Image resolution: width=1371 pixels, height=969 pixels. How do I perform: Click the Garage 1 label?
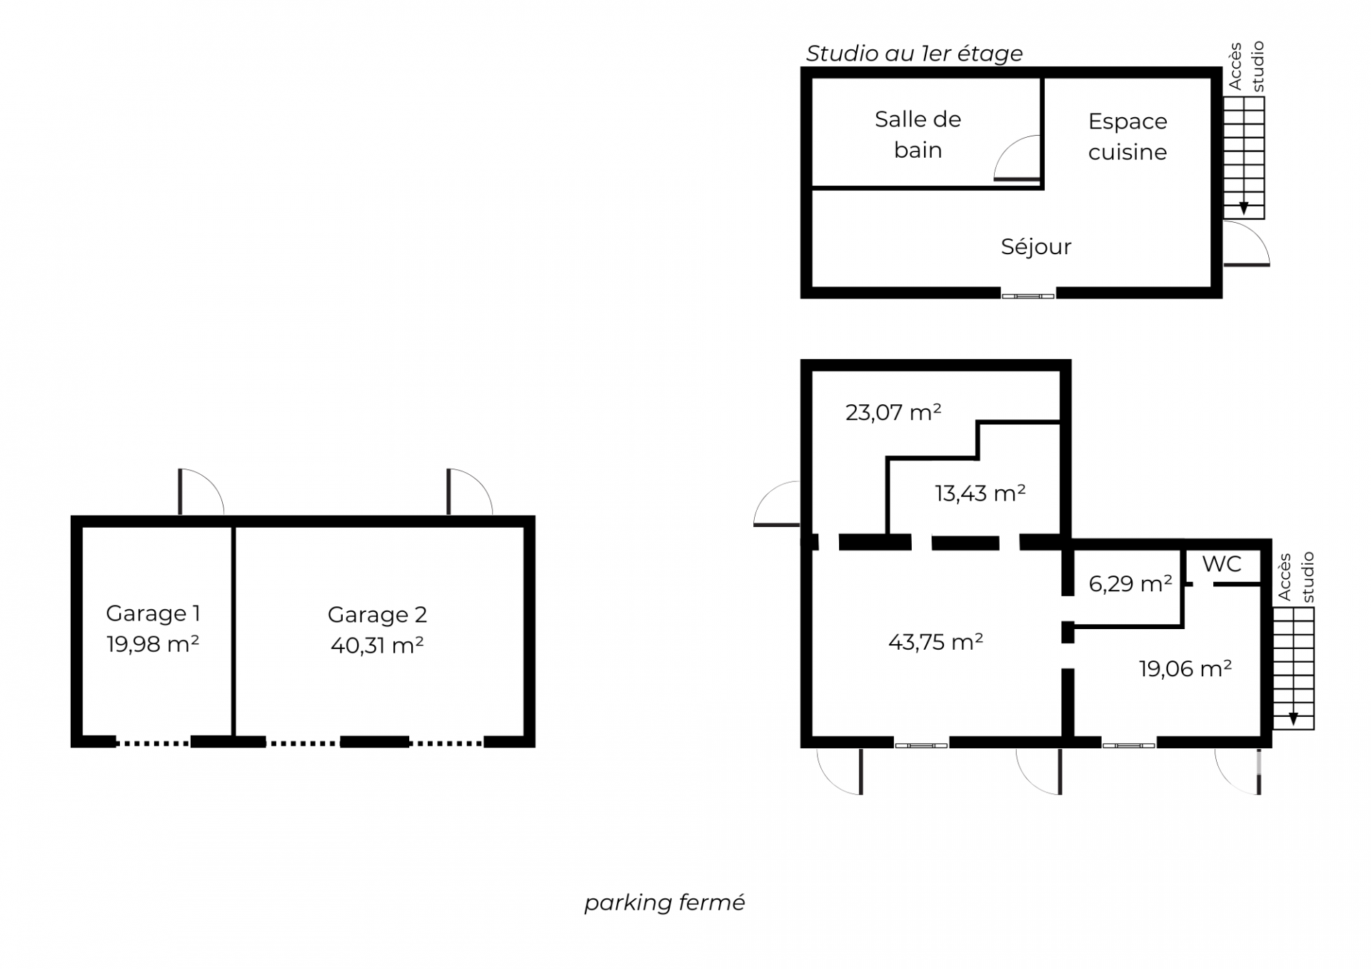[153, 613]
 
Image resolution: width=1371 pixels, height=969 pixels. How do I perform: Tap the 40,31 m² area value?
[377, 645]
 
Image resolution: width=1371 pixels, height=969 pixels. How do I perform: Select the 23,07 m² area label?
[893, 412]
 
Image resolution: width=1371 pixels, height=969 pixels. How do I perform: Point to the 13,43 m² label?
[980, 493]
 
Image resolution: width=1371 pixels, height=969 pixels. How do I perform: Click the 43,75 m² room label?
[935, 641]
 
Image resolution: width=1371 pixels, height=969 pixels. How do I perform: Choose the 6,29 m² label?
[1130, 583]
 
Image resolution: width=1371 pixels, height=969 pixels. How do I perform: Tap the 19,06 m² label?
[1185, 668]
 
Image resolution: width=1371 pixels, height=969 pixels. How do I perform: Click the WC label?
[1222, 564]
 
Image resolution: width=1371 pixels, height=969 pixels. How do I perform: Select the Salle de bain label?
[918, 134]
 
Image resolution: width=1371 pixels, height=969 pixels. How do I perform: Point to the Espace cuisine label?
[1128, 136]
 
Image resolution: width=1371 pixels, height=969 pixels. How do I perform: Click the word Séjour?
[1036, 247]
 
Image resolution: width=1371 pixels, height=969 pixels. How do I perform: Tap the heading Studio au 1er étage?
[915, 54]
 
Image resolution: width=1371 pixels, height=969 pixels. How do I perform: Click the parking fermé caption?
[665, 903]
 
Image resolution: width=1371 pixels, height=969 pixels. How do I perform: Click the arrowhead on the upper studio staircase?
[1244, 209]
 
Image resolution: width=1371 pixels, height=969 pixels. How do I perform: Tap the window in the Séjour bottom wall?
[1028, 296]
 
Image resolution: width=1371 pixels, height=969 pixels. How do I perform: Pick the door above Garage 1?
[201, 491]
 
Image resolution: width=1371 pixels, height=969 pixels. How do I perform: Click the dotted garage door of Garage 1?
[154, 743]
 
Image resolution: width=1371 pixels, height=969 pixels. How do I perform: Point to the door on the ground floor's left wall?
[777, 504]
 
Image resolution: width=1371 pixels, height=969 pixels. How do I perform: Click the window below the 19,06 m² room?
[1128, 745]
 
